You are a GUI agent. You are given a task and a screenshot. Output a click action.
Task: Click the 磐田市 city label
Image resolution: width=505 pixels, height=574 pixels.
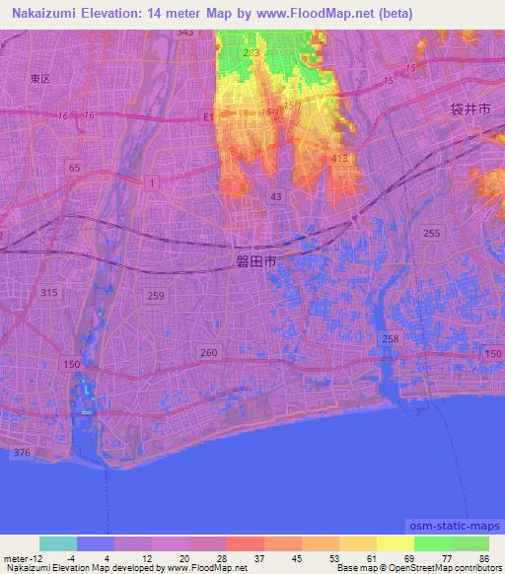pos(255,261)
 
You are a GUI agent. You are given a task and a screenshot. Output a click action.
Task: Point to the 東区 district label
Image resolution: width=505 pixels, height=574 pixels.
pos(39,79)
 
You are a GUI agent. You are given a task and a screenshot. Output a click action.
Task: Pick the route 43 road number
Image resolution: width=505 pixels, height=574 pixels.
pos(274,197)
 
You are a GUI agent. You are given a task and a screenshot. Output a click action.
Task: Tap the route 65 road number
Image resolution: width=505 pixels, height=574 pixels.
pos(75,169)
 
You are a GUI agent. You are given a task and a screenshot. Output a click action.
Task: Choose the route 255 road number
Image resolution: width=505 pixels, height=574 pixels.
pos(430,233)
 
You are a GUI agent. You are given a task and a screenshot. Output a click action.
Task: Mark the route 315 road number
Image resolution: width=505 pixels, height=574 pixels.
pos(50,293)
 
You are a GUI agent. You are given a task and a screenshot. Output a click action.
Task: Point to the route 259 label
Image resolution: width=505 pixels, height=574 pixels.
pos(154,296)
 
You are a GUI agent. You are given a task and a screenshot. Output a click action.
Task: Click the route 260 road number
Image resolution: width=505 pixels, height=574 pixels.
pos(208,352)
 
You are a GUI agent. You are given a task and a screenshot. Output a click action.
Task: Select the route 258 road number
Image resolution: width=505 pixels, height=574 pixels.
pos(391,338)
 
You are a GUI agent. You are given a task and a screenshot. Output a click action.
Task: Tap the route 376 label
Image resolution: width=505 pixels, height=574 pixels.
pos(22,453)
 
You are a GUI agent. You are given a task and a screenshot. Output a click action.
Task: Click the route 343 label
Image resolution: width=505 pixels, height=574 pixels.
pos(184,33)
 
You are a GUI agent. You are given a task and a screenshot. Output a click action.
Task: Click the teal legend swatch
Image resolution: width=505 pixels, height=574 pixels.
pos(58,543)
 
